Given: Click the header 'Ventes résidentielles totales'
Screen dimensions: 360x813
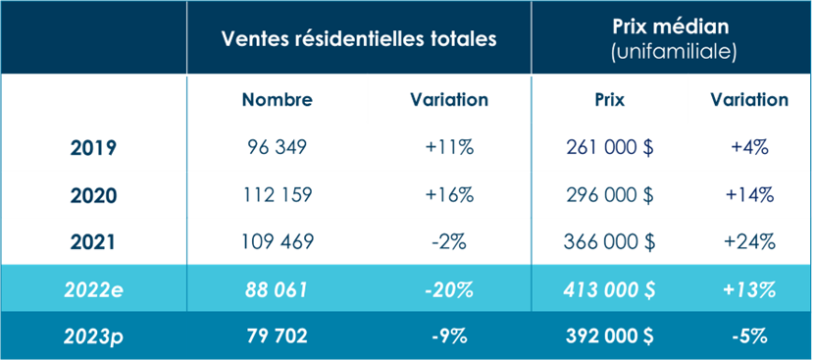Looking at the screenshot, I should (x=359, y=38).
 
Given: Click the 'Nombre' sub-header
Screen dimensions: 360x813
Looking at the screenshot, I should (x=277, y=100).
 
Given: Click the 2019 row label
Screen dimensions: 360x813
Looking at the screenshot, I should (x=93, y=148).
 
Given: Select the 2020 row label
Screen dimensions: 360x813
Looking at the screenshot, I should (x=93, y=194).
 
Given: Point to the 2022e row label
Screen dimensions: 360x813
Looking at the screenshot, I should (x=93, y=289).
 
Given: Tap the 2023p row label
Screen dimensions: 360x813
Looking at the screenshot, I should (x=93, y=336).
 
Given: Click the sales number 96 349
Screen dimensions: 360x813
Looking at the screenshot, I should (x=277, y=148).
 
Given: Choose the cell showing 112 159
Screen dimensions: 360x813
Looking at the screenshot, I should (x=277, y=194).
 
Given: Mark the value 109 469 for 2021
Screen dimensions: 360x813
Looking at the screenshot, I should (x=277, y=241).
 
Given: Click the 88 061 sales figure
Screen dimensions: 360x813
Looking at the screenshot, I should (x=277, y=289).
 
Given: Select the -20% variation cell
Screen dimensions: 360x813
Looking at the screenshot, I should (x=448, y=289).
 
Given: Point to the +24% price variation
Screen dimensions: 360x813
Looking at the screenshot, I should (x=750, y=241).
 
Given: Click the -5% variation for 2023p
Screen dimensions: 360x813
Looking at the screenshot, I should (x=750, y=336).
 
